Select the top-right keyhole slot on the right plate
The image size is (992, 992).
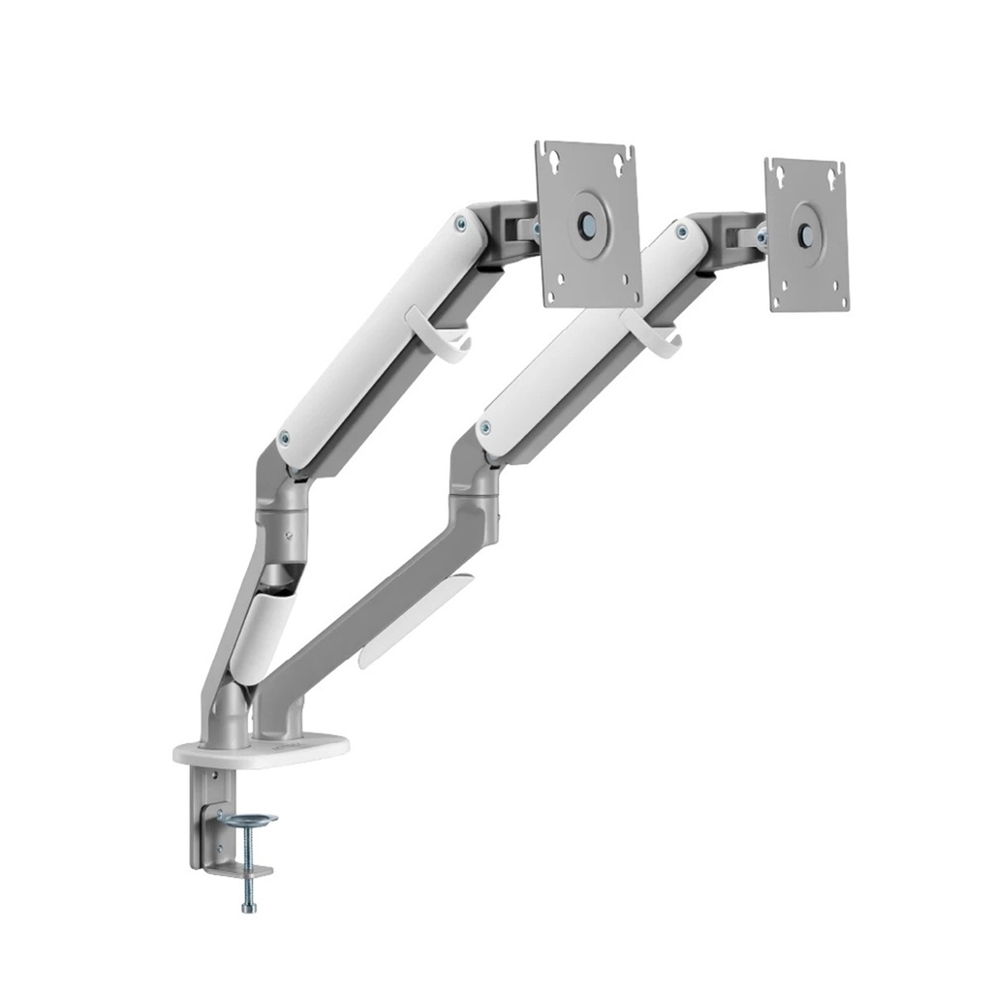click(x=833, y=173)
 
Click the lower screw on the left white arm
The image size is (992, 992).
click(x=284, y=438)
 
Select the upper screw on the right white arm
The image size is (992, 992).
click(x=683, y=232)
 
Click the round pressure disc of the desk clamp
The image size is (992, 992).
click(x=247, y=821)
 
